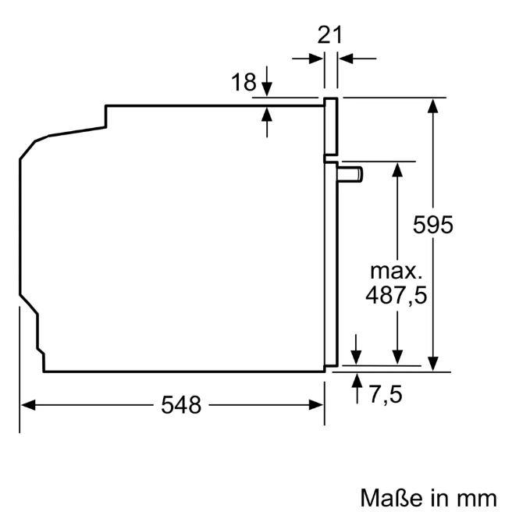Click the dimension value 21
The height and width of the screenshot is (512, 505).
pos(329,35)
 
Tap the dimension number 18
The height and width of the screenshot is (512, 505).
pos(244,82)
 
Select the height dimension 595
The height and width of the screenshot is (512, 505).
pos(433,225)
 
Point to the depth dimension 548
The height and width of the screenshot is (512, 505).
pos(181,405)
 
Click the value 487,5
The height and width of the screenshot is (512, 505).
pos(396,295)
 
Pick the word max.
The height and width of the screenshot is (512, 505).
pos(396,271)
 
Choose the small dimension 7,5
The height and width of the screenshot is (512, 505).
pos(386,394)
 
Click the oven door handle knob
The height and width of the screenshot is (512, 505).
pos(350,173)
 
